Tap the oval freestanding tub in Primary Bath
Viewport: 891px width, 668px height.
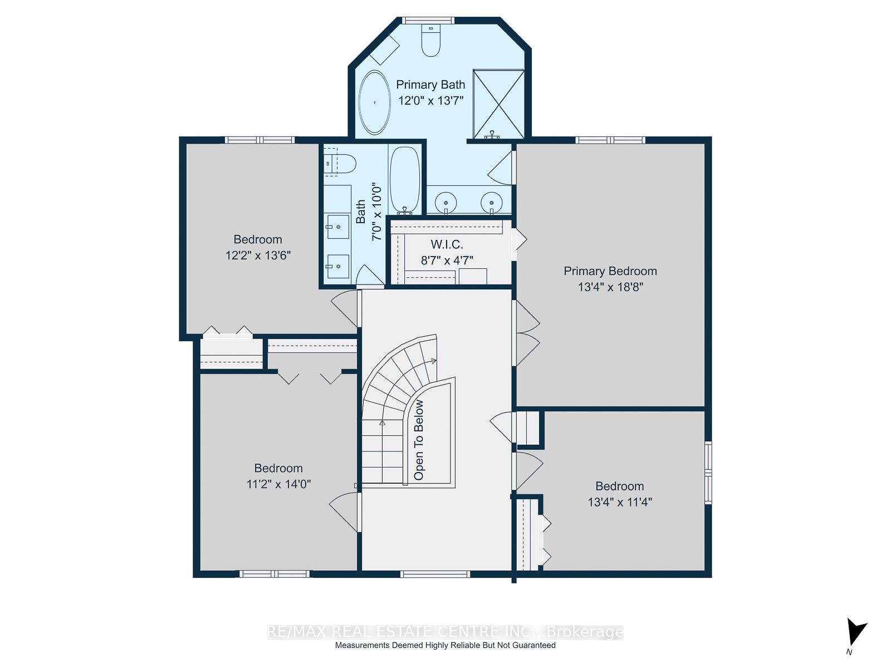374,102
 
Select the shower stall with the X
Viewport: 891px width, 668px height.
498,105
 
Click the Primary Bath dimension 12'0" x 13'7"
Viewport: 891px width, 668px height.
430,100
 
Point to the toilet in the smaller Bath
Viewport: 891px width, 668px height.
340,164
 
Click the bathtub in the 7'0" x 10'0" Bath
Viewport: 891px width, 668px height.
404,180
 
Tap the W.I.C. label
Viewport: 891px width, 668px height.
447,244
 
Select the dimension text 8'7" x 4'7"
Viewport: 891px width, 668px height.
447,260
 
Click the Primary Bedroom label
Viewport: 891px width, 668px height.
610,271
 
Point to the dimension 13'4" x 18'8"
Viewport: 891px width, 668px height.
610,287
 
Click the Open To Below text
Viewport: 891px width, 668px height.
419,440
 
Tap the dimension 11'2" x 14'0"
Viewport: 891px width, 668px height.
278,484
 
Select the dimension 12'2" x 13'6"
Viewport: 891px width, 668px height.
258,255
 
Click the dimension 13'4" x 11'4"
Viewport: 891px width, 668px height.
620,502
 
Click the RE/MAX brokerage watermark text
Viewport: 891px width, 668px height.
445,631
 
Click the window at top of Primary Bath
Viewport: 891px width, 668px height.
428,20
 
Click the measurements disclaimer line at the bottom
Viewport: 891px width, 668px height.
445,645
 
